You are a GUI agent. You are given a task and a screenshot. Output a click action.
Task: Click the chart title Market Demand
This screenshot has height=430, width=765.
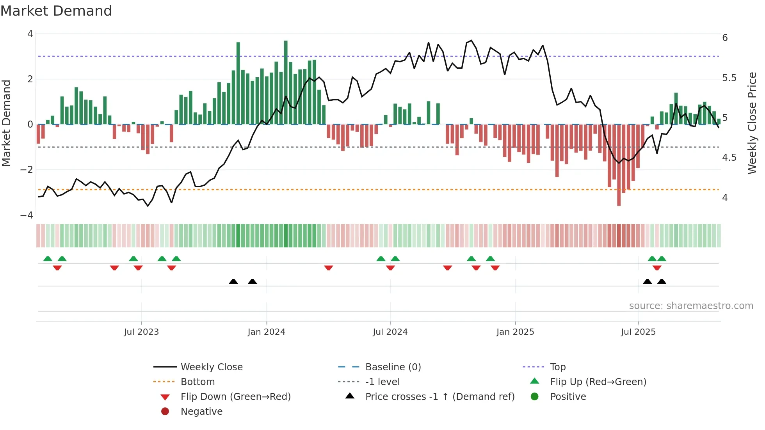56,11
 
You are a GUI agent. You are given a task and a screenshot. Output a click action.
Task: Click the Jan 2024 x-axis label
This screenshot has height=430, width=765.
266,332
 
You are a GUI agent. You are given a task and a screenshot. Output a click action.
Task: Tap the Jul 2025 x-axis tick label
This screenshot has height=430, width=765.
638,332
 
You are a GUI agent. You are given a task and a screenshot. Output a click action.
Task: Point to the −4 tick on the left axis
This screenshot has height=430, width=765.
27,215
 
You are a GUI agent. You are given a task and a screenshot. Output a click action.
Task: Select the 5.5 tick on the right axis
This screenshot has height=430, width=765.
729,78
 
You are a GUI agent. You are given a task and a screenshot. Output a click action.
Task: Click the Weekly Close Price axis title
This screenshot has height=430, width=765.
752,123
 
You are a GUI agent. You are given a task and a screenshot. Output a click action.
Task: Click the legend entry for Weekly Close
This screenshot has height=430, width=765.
211,367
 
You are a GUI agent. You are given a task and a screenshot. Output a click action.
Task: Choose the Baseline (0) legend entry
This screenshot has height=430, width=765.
393,367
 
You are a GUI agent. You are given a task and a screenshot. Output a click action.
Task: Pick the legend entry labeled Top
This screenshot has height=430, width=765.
557,367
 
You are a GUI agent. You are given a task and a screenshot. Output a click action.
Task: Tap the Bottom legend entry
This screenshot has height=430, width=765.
197,382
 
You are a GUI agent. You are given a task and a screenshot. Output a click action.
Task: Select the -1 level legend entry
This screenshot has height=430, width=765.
382,382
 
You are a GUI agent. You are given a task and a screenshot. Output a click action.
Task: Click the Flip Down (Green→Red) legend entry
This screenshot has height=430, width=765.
235,397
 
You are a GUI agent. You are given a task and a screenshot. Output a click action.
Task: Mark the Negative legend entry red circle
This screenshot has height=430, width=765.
165,412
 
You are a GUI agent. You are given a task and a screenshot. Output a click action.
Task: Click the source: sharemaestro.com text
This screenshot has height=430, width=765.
691,306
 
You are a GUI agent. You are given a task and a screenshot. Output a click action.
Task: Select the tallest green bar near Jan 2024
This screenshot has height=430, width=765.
286,82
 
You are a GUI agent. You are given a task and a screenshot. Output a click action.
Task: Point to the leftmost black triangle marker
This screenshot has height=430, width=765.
233,281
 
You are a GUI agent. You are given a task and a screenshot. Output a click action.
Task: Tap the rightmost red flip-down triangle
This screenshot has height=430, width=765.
657,268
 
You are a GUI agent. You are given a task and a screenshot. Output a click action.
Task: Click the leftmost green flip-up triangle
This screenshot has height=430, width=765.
48,259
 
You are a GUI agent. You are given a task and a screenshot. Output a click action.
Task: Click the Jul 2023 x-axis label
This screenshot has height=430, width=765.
141,332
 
